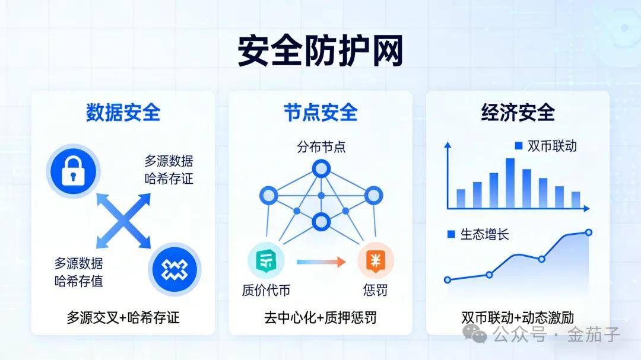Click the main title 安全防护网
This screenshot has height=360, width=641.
(x=320, y=50)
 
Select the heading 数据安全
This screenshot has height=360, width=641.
(x=123, y=112)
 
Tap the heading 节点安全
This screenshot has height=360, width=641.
(x=320, y=112)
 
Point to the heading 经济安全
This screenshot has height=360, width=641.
(x=518, y=112)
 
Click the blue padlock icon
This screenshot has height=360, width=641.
(x=73, y=171)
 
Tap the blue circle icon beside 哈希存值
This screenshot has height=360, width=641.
(x=174, y=269)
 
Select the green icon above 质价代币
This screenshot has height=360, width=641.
(x=266, y=261)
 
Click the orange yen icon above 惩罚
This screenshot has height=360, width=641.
(x=376, y=261)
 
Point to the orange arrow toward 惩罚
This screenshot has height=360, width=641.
(x=321, y=262)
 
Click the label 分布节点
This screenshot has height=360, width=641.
(x=321, y=146)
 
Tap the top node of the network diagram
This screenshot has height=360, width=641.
(x=321, y=168)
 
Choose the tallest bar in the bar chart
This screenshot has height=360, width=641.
(x=510, y=183)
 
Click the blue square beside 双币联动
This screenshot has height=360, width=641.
(x=519, y=145)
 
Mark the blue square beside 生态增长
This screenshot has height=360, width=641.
(x=451, y=234)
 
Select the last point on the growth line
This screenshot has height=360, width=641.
(x=589, y=232)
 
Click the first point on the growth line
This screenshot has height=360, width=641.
(x=448, y=280)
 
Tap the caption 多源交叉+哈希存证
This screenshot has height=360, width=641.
(x=123, y=317)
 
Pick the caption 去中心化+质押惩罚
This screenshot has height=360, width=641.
(x=320, y=317)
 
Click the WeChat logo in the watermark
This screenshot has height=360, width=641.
(x=474, y=333)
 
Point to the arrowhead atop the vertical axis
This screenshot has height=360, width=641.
(x=448, y=145)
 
